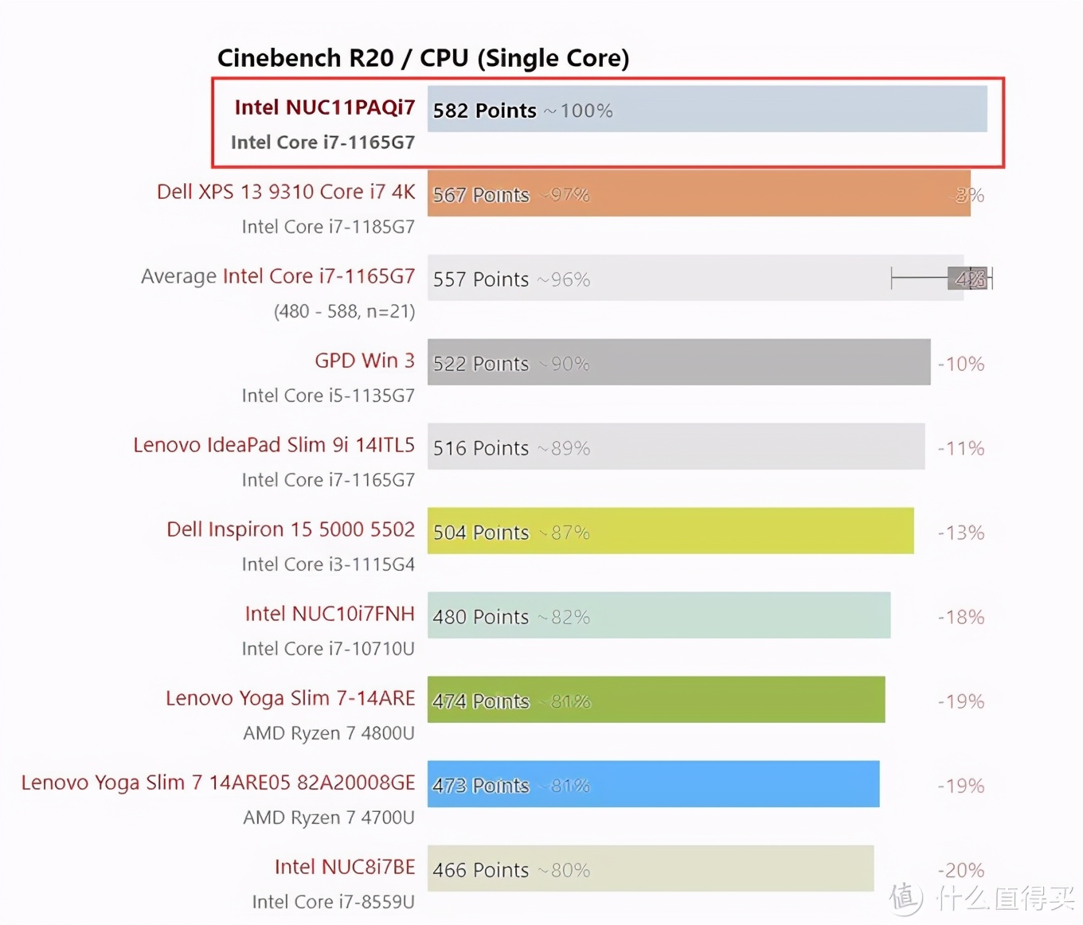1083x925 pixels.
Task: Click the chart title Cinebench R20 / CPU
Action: (423, 58)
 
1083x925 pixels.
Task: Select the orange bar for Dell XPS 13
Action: (698, 193)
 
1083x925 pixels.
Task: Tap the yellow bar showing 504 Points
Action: (670, 531)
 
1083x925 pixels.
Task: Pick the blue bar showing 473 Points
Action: (653, 784)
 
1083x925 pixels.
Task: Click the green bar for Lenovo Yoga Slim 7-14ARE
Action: (655, 700)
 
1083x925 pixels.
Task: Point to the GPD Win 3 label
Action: (365, 361)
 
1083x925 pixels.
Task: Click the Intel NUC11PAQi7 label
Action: (324, 107)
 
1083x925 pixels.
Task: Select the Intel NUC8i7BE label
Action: (345, 867)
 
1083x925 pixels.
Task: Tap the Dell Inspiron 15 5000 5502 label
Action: (291, 529)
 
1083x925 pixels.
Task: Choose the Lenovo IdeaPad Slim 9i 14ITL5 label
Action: (274, 445)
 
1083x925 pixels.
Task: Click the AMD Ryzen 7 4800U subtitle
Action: (329, 733)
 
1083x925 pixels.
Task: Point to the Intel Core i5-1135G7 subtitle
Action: (328, 396)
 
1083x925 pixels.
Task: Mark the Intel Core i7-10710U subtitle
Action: (328, 649)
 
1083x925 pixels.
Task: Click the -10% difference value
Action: (961, 364)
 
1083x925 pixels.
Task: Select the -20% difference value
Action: (961, 870)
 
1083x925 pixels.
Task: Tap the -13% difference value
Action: (961, 533)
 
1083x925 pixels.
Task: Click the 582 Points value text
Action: (484, 111)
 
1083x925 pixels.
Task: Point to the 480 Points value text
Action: (480, 617)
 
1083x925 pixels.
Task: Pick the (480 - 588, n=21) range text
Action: (344, 311)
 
